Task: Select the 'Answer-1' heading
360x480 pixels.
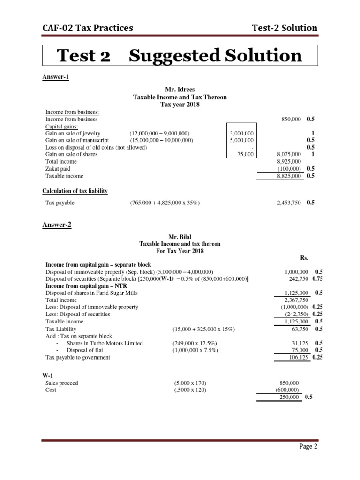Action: pyautogui.click(x=56, y=77)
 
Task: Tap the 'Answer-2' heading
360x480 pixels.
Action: pyautogui.click(x=57, y=225)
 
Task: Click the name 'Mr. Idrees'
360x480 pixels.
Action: pyautogui.click(x=180, y=90)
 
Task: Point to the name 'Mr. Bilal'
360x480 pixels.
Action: pyautogui.click(x=180, y=237)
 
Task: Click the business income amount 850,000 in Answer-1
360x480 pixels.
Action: pyautogui.click(x=291, y=120)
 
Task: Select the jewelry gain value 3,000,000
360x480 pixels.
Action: pyautogui.click(x=241, y=133)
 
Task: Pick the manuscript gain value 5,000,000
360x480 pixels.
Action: pyautogui.click(x=241, y=140)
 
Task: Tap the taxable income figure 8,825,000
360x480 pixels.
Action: pyautogui.click(x=289, y=176)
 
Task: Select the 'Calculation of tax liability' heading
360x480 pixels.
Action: pyautogui.click(x=75, y=191)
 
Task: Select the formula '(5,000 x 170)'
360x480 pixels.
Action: pyautogui.click(x=189, y=383)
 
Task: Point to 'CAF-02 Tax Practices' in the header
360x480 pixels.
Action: pyautogui.click(x=87, y=28)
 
